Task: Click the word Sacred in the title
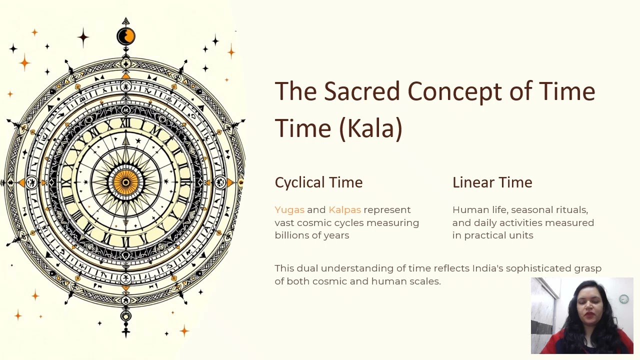362,92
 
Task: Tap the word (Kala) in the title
370,128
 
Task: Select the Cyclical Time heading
318,182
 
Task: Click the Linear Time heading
492,182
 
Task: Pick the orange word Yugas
289,210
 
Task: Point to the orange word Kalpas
344,210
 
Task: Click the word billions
292,235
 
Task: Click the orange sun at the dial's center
125,182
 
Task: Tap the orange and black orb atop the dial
126,36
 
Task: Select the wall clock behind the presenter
624,299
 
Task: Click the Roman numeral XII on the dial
125,123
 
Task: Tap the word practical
487,235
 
